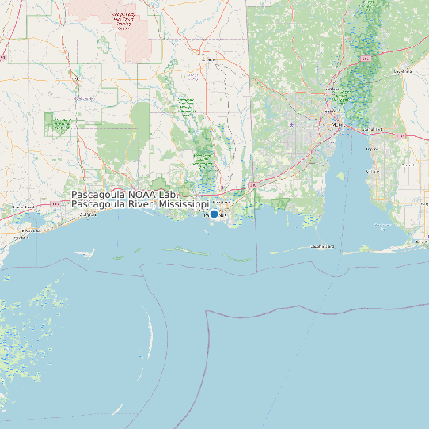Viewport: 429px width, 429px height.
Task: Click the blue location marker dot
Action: tap(214, 214)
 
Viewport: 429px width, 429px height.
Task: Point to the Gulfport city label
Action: tap(86, 214)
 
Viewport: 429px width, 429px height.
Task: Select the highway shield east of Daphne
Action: tap(402, 135)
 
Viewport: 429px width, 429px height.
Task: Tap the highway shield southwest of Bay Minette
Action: tap(366, 59)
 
